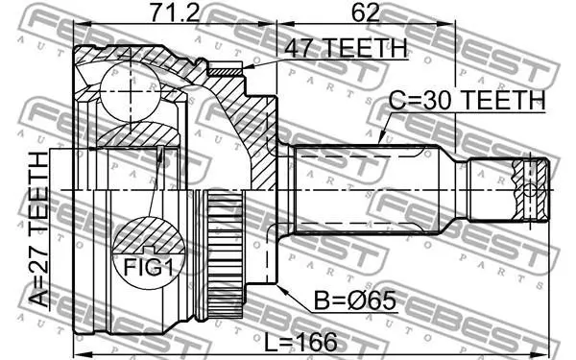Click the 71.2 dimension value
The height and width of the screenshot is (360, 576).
[x=175, y=12]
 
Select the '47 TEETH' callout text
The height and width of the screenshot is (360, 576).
[x=346, y=48]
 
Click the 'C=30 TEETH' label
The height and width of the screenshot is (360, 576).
[x=467, y=99]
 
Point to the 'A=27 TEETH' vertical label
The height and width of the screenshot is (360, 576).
[x=39, y=228]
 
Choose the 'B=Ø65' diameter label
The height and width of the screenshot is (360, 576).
[x=355, y=300]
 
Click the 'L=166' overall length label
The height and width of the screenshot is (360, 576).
[x=300, y=342]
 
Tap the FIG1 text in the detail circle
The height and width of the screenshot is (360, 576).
[x=148, y=267]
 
